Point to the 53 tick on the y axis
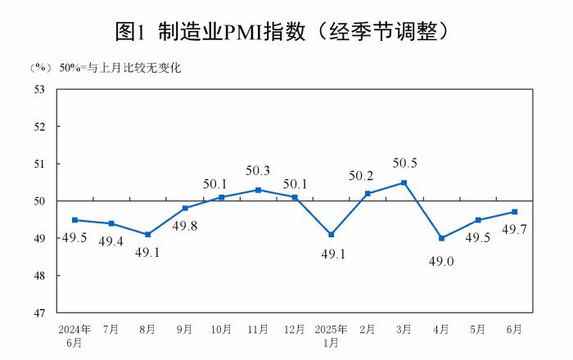coord(38,89)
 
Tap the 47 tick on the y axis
coord(38,313)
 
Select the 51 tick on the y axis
coord(38,164)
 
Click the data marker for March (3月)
coord(404,182)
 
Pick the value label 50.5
coord(404,163)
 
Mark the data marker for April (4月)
coord(441,238)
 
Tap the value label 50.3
coord(258,171)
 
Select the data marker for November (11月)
coord(258,190)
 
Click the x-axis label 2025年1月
coord(332,335)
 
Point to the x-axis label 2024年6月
coord(74,335)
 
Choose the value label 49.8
coord(185,227)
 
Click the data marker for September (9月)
coord(185,208)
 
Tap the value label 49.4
coord(111,241)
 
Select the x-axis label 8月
coord(148,329)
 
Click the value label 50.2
coord(368,175)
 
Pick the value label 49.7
coord(514,229)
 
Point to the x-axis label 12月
coord(295,329)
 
